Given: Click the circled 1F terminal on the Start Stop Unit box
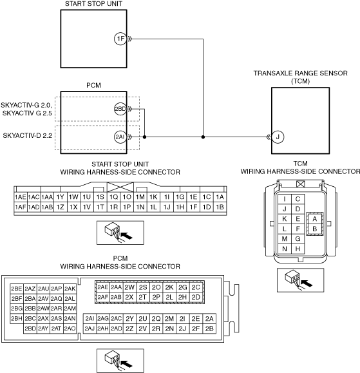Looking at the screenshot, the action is (x=120, y=39).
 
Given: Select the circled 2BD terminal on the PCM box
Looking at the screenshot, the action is (x=120, y=109).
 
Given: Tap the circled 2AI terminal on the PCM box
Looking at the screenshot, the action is (x=120, y=137).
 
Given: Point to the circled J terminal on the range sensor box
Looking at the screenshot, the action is (x=278, y=137).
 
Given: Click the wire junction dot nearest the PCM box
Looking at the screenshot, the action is (x=144, y=137).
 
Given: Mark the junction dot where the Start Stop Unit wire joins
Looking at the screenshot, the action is (x=203, y=137).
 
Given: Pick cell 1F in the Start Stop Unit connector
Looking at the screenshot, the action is (x=193, y=207).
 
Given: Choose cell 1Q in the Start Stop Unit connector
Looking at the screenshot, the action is (x=113, y=197).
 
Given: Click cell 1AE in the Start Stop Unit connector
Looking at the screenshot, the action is (x=21, y=197).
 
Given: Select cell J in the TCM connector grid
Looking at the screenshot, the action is (x=285, y=209).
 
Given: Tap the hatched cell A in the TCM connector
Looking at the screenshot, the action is (x=315, y=218).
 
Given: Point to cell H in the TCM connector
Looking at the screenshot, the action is (x=298, y=249).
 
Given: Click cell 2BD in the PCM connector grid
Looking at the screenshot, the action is (x=30, y=329).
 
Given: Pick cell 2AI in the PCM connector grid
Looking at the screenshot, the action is (x=90, y=318).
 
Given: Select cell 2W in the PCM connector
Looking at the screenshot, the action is (x=129, y=287).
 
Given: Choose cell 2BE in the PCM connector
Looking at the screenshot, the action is (x=17, y=289).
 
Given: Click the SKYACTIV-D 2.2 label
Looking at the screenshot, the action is (x=27, y=135).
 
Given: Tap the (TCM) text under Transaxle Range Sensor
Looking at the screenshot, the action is (x=301, y=81).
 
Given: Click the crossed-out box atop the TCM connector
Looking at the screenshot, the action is (x=301, y=184).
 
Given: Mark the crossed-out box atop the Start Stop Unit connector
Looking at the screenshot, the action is (x=120, y=187).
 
